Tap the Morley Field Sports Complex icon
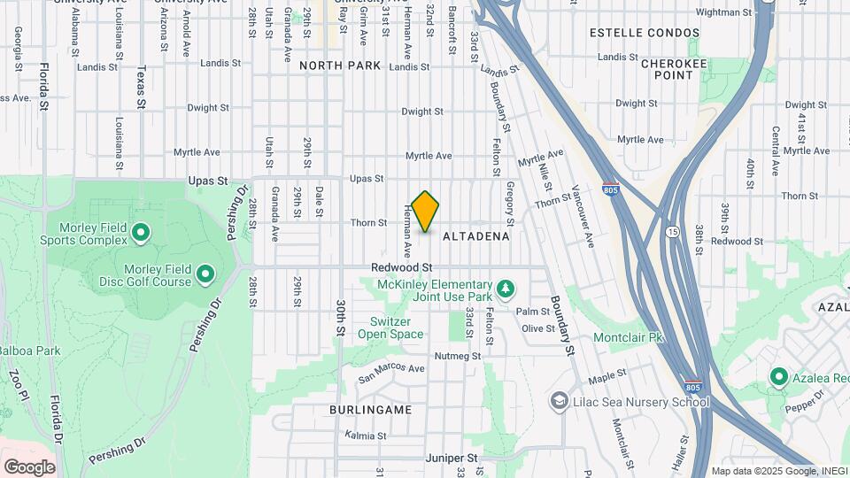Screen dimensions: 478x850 140,234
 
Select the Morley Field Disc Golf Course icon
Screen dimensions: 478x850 205,274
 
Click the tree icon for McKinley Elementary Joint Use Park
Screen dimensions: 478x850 506,289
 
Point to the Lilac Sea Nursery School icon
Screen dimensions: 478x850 559,402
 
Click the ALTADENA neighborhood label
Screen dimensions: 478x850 475,236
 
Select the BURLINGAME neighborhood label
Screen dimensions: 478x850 370,411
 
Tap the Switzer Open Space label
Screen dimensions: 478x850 390,328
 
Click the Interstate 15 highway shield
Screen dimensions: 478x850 673,230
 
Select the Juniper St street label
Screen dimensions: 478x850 453,459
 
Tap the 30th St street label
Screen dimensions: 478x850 340,317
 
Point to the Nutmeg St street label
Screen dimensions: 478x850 457,356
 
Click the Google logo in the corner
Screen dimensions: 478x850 29,466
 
